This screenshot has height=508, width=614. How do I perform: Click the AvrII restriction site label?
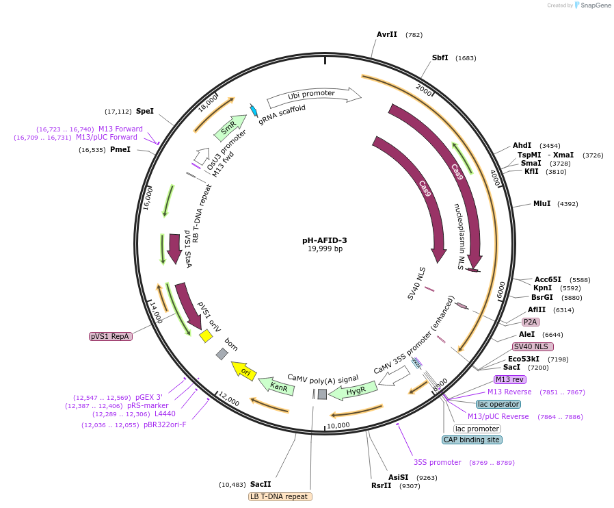386,34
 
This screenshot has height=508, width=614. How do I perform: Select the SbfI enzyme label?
440,58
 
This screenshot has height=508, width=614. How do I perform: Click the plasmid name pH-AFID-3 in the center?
325,240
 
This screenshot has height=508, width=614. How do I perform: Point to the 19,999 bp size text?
325,249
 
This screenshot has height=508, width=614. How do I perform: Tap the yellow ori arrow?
244,370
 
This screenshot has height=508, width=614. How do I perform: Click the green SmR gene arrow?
230,126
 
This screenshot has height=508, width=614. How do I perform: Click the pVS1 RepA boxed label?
111,336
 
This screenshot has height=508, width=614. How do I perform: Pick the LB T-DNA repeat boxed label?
280,496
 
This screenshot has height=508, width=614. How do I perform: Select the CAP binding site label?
471,440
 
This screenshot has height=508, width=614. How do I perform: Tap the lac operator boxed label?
498,404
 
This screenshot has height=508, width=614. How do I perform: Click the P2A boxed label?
530,322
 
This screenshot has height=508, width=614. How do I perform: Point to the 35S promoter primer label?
437,463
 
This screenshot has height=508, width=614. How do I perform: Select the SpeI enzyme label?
145,111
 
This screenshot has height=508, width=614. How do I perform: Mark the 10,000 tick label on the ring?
338,425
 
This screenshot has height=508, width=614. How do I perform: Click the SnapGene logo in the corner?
592,5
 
